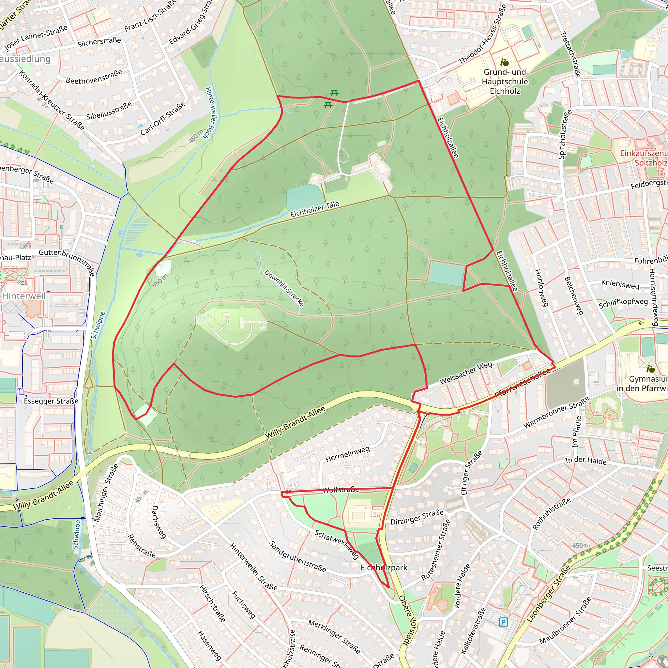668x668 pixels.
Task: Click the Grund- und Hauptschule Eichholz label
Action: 505,82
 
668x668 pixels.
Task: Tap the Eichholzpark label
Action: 384,568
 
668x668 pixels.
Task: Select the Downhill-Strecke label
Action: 284,288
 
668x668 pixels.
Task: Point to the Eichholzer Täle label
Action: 315,209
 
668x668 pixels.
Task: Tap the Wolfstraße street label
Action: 341,490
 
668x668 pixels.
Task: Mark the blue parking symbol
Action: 504,622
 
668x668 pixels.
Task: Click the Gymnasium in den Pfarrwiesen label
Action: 643,384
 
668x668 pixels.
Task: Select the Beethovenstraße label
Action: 94,77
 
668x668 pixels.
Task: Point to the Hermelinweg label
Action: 347,454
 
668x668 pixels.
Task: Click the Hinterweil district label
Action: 23,296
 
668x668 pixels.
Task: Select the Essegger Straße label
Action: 51,401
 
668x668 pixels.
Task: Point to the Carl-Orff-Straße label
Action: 162,118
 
